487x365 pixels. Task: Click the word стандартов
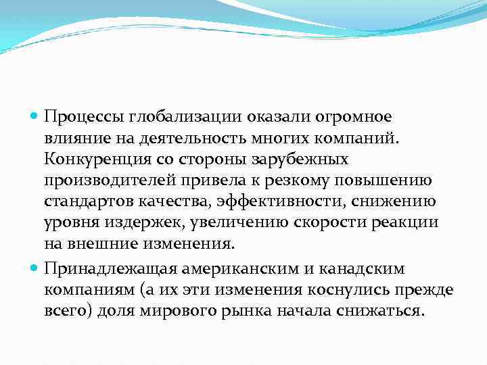[x=86, y=203]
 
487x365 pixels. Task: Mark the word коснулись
[x=344, y=290]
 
